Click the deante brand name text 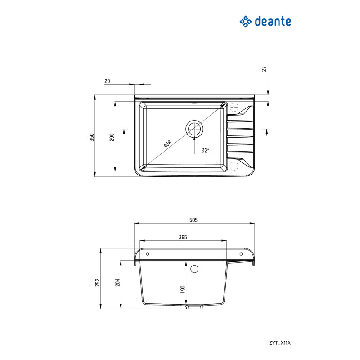pyautogui.click(x=273, y=21)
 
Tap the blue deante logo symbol pyautogui.click(x=245, y=21)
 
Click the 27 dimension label pyautogui.click(x=265, y=68)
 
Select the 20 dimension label pyautogui.click(x=107, y=81)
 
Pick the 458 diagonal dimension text pyautogui.click(x=167, y=144)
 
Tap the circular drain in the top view pyautogui.click(x=195, y=129)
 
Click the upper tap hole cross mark pyautogui.click(x=234, y=108)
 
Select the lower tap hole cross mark pyautogui.click(x=234, y=166)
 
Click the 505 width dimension pyautogui.click(x=194, y=220)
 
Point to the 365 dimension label pyautogui.click(x=183, y=237)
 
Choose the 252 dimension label pyautogui.click(x=97, y=282)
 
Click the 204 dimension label pyautogui.click(x=117, y=282)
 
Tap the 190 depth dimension pyautogui.click(x=183, y=289)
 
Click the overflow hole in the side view pyautogui.click(x=195, y=269)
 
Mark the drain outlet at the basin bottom pyautogui.click(x=195, y=307)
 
